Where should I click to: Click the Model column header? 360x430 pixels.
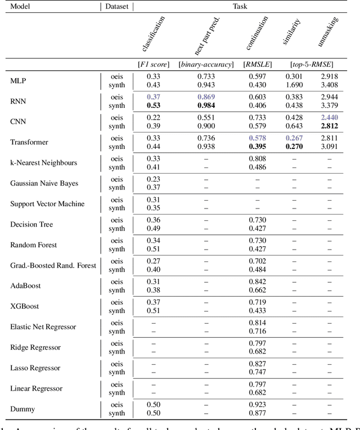[21, 7]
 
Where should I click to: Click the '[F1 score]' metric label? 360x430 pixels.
[154, 65]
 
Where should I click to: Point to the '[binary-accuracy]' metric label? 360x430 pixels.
[206, 65]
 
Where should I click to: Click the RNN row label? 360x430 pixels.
[17, 101]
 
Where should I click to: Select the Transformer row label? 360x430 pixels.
[29, 142]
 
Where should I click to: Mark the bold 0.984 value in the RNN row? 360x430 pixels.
[206, 105]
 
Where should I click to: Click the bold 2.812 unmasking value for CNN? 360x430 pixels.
[330, 126]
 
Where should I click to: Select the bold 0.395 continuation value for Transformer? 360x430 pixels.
[258, 146]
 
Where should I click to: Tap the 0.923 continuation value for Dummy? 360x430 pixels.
[258, 405]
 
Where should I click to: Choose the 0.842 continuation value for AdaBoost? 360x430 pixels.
[258, 282]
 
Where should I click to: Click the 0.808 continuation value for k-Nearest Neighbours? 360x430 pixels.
[258, 159]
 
